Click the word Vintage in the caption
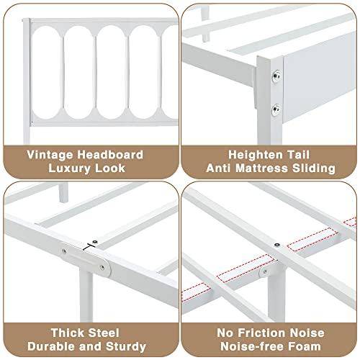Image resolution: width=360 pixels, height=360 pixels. click(x=50, y=156)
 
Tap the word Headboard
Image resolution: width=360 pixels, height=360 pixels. click(x=110, y=155)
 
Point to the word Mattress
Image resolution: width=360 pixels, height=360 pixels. click(x=261, y=168)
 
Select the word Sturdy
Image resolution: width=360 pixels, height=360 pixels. click(x=126, y=347)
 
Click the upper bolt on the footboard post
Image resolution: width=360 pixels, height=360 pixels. click(x=276, y=76)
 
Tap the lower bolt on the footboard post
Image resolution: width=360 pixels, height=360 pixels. click(x=276, y=110)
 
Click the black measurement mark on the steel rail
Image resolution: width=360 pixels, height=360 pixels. click(x=88, y=247)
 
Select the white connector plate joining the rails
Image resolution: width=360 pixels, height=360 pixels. click(x=86, y=259)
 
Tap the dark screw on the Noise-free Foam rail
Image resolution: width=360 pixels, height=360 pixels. click(x=277, y=245)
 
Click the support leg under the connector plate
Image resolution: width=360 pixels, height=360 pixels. click(x=86, y=297)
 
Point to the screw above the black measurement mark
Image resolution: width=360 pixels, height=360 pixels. click(x=96, y=242)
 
